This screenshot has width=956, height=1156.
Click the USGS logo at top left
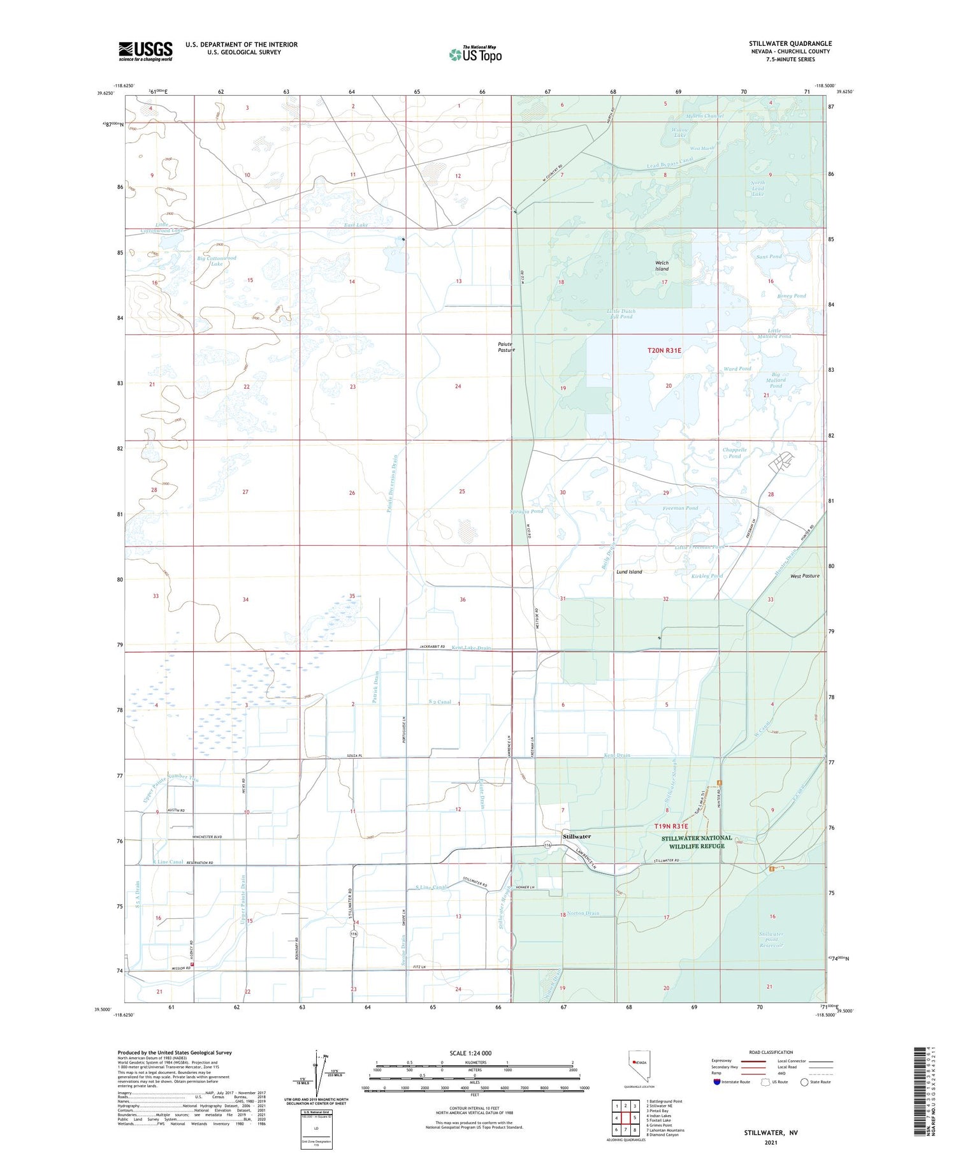(145, 50)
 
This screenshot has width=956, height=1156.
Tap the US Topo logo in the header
(475, 54)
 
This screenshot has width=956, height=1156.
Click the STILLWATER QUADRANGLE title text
(790, 43)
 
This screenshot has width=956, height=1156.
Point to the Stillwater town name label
(577, 836)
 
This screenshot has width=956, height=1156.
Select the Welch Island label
(662, 266)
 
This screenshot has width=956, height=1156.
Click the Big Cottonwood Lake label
(217, 261)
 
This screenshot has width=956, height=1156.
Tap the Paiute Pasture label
(506, 347)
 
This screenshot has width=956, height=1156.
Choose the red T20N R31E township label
(664, 351)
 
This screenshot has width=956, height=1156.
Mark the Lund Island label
(629, 572)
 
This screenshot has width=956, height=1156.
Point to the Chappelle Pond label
(734, 453)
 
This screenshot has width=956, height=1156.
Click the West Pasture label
(804, 576)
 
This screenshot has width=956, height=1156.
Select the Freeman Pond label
(682, 508)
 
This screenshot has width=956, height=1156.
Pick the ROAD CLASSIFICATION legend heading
(771, 1052)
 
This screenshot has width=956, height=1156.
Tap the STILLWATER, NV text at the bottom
(771, 1132)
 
